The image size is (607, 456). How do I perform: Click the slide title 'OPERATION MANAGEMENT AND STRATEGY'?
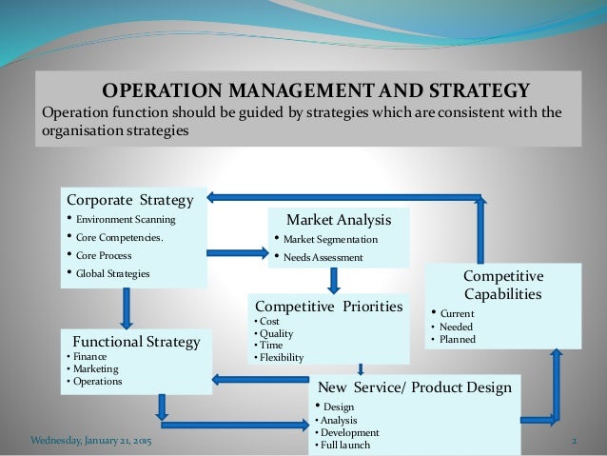point(315,92)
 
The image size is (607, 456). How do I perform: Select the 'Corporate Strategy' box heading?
point(129,200)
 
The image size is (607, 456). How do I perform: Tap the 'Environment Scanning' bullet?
point(127,219)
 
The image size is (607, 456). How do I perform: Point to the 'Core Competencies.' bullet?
point(120,237)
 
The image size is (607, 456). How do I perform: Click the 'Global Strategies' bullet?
point(113,274)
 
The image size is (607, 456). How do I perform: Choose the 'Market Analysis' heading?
point(339,220)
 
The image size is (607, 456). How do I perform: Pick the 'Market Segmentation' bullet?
point(331,239)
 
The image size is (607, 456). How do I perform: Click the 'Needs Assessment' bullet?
point(326,256)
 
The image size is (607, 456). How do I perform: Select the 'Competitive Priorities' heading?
point(328,307)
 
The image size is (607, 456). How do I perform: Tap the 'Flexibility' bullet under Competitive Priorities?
point(279,358)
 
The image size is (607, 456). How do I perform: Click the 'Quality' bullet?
point(273,334)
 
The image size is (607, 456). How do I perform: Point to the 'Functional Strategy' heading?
point(134,341)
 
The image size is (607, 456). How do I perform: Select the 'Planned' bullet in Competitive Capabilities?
point(457,339)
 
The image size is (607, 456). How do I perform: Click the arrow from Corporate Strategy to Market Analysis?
point(237,252)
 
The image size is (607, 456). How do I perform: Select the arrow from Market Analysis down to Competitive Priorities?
point(334,279)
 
